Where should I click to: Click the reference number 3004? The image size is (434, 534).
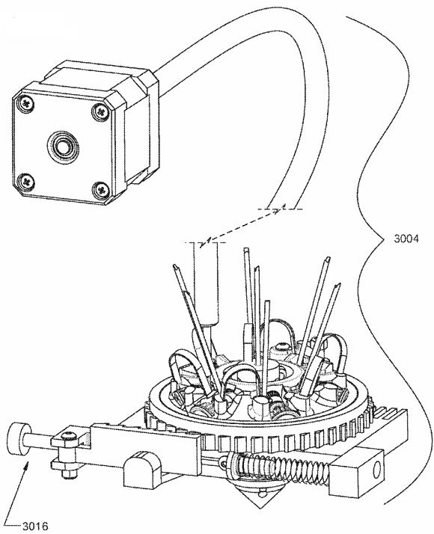point(406,239)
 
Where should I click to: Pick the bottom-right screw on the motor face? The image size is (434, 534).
point(100,188)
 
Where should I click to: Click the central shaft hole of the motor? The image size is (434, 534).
point(63,147)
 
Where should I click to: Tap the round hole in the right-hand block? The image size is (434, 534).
point(376,470)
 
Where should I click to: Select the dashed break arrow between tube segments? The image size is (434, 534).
point(243,226)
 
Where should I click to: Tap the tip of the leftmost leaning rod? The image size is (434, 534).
point(176,267)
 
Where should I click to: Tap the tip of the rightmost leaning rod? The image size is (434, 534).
point(338,285)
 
